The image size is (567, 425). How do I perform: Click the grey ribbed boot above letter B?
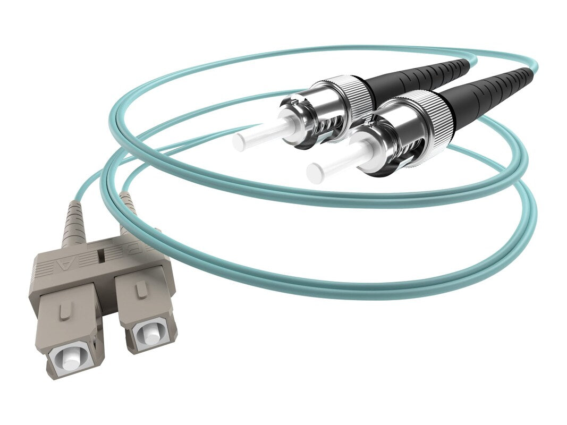point(128,212)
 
